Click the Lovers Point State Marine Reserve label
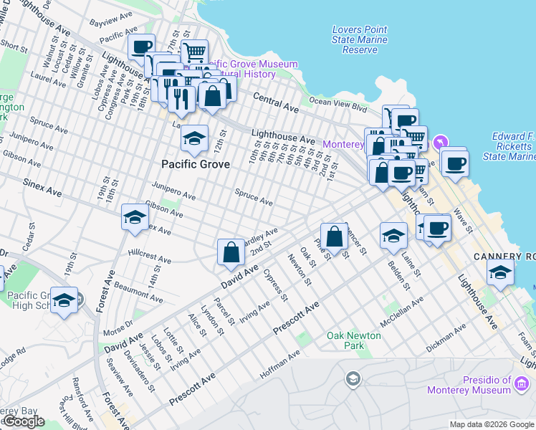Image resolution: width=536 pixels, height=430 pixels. pyautogui.click(x=360, y=40)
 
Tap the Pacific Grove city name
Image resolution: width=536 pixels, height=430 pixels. pyautogui.click(x=196, y=164)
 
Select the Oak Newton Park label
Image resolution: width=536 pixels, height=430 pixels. pyautogui.click(x=335, y=340)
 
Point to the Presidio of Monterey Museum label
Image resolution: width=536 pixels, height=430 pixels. pyautogui.click(x=479, y=385)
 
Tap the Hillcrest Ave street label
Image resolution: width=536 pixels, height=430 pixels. pyautogui.click(x=149, y=257)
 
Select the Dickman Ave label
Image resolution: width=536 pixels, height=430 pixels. pyautogui.click(x=446, y=335)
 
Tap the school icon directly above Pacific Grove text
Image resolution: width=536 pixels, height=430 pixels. pyautogui.click(x=194, y=138)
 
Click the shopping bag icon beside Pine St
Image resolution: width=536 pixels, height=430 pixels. pyautogui.click(x=333, y=236)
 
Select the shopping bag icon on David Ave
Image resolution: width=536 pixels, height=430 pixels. pyautogui.click(x=230, y=252)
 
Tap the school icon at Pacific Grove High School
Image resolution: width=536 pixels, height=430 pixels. pyautogui.click(x=64, y=300)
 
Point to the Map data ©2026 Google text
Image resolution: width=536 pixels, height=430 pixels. pyautogui.click(x=492, y=424)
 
